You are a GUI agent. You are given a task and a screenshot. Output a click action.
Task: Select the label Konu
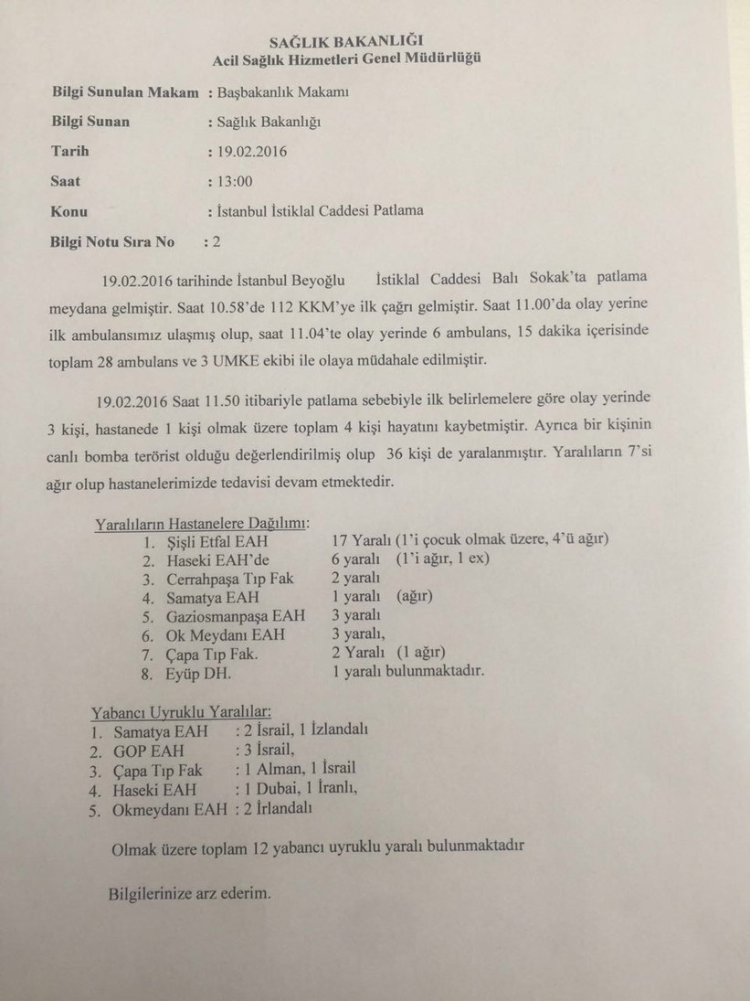click(x=69, y=211)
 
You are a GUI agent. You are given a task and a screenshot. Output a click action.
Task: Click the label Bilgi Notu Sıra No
click(x=112, y=242)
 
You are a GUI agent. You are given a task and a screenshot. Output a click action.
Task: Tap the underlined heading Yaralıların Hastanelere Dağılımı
click(x=202, y=524)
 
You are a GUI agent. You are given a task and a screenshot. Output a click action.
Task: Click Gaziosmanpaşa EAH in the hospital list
click(x=236, y=615)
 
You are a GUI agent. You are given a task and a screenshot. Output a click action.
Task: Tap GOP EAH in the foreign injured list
click(x=149, y=751)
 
